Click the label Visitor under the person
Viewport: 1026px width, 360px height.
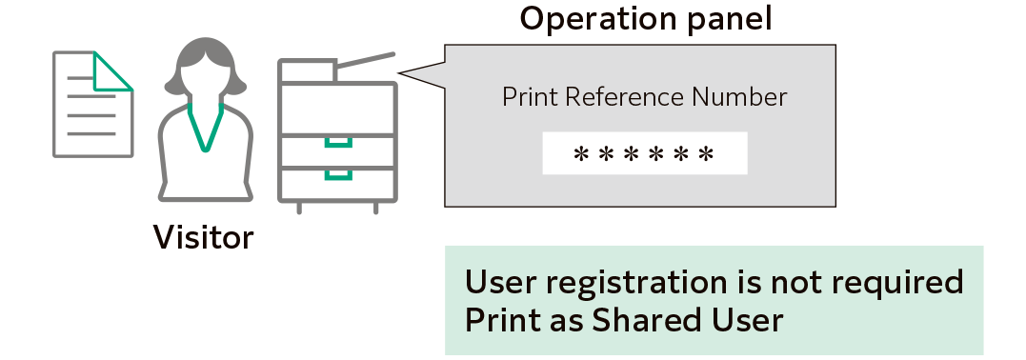(205, 237)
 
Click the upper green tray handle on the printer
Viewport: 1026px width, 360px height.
(337, 144)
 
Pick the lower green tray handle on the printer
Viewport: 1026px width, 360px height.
(337, 175)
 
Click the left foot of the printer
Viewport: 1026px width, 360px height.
(301, 207)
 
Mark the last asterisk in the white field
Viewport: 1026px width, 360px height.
(706, 155)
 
